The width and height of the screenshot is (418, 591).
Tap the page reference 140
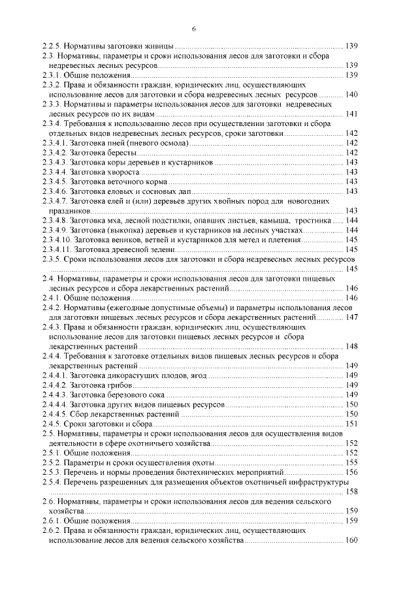pyautogui.click(x=351, y=95)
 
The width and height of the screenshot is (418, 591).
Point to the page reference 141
pyautogui.click(x=351, y=114)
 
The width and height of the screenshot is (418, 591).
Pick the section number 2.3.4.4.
pyautogui.click(x=54, y=171)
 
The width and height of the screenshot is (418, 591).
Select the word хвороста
pyautogui.click(x=126, y=171)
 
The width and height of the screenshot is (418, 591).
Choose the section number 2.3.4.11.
pyautogui.click(x=56, y=249)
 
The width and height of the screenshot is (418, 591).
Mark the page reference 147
pyautogui.click(x=351, y=317)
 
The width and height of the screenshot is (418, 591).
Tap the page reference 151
pyautogui.click(x=351, y=423)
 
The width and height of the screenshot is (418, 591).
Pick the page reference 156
pyautogui.click(x=351, y=471)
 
